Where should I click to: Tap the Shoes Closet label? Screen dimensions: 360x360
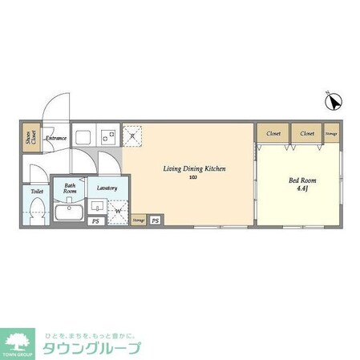coord(30,138)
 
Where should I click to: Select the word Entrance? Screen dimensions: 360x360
coord(55,138)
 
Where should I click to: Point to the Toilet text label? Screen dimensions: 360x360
coord(37,192)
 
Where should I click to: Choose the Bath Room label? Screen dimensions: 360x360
coord(71,190)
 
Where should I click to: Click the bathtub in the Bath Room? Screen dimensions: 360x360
coord(70,212)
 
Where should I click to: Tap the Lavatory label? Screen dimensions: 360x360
coord(107,188)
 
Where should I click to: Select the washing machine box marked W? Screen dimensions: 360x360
coord(118,212)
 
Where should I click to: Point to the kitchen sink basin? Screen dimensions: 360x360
coord(84,135)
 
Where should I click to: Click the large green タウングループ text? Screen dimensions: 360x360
coord(92,348)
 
